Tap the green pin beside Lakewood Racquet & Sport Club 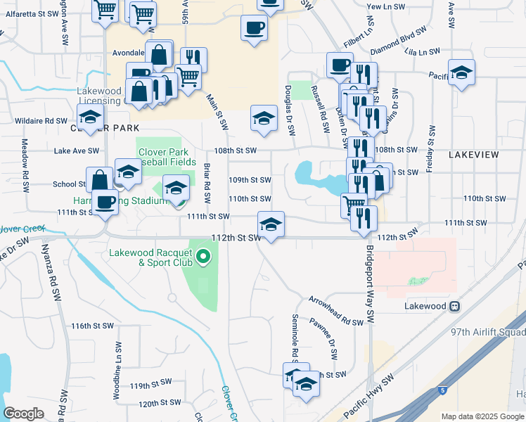(204, 257)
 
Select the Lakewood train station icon (456, 307)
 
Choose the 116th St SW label (92, 326)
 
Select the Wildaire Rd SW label (46, 121)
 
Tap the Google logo (24, 414)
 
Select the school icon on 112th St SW (271, 224)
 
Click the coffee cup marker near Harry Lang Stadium (105, 203)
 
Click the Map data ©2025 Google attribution (483, 416)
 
